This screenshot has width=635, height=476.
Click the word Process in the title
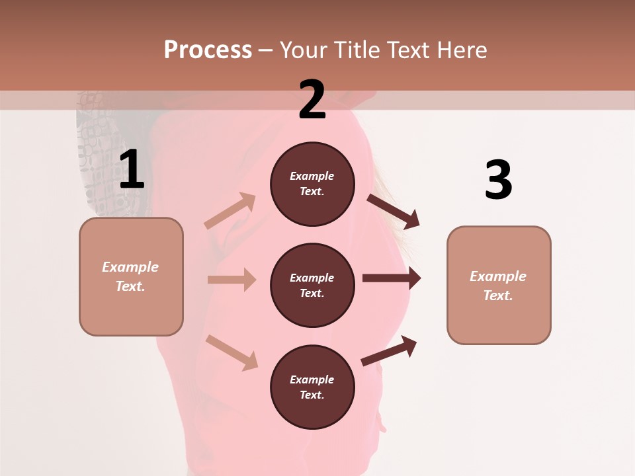[208, 50]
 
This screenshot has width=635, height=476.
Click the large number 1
[132, 171]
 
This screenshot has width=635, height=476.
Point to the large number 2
[312, 100]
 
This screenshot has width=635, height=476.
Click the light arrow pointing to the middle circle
[232, 280]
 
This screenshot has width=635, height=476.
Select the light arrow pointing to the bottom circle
[232, 352]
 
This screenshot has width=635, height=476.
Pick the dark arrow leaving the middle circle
[392, 278]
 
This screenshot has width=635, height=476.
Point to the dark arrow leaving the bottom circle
[389, 351]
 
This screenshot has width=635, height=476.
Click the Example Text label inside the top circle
[312, 184]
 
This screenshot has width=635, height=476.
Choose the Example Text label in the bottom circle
[312, 387]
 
